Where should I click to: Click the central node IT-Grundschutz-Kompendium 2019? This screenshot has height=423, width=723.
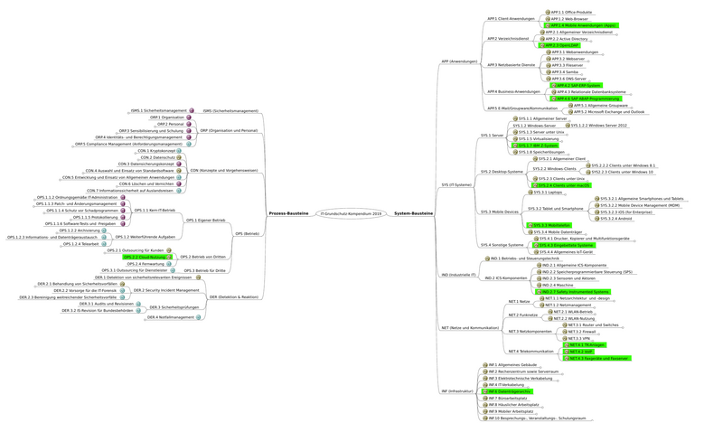point(352,213)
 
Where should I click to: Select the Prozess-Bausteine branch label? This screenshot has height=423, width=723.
point(288,213)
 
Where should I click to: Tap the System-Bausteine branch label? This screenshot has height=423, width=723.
point(414,213)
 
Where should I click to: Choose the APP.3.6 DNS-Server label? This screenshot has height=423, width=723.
point(569,79)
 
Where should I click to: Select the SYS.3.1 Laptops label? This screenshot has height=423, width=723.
point(549,193)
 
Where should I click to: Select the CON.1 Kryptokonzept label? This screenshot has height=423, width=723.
point(162,151)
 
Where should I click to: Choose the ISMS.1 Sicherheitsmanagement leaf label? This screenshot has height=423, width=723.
point(158,110)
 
